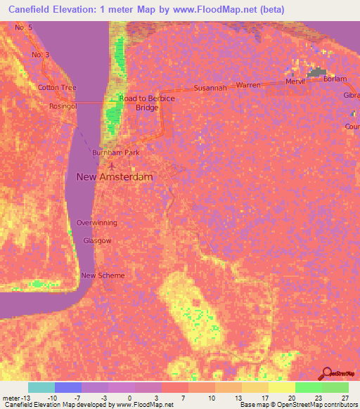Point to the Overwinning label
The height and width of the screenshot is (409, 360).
coord(97,223)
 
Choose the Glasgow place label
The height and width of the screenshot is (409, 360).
coord(97,240)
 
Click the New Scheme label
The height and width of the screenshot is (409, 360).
coord(103,275)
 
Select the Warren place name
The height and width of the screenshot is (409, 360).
coord(248,85)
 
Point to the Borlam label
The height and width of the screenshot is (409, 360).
coord(335,79)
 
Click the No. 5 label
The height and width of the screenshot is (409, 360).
coord(24,27)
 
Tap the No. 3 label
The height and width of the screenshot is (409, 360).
coord(40,55)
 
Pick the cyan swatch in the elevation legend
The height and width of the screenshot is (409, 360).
coord(41,387)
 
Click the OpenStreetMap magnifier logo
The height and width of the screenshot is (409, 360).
coord(326,375)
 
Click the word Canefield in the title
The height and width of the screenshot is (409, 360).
coord(34,9)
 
